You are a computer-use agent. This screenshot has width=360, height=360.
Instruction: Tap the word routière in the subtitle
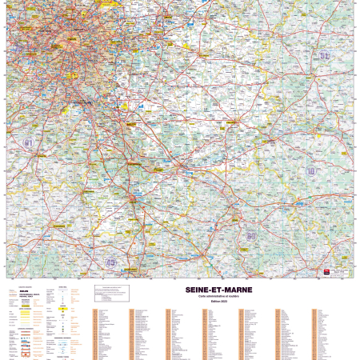pyautogui.click(x=234, y=296)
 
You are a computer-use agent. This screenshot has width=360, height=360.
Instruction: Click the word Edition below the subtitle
pyautogui.click(x=215, y=301)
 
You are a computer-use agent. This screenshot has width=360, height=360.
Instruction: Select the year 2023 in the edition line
pyautogui.click(x=225, y=301)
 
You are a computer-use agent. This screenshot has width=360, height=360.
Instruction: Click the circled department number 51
pyautogui.click(x=323, y=55)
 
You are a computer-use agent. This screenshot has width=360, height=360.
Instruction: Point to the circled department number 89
pyautogui.click(x=251, y=236)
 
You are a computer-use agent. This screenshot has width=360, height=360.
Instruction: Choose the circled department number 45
pyautogui.click(x=111, y=262)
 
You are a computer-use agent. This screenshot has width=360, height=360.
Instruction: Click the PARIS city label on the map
pyautogui.click(x=72, y=38)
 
